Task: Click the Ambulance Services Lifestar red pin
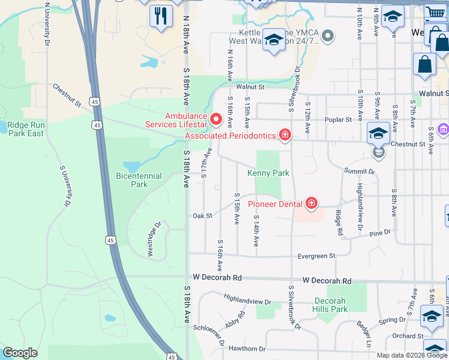(x=216, y=119)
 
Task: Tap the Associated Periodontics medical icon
(x=285, y=136)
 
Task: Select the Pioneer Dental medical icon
(x=311, y=204)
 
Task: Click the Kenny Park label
(x=268, y=173)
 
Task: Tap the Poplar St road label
(x=338, y=120)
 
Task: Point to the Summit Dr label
(x=359, y=172)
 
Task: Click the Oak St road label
(x=202, y=216)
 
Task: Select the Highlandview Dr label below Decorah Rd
(x=247, y=299)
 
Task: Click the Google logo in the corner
(x=20, y=353)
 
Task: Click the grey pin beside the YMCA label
(x=327, y=37)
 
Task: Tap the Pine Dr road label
(x=379, y=232)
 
